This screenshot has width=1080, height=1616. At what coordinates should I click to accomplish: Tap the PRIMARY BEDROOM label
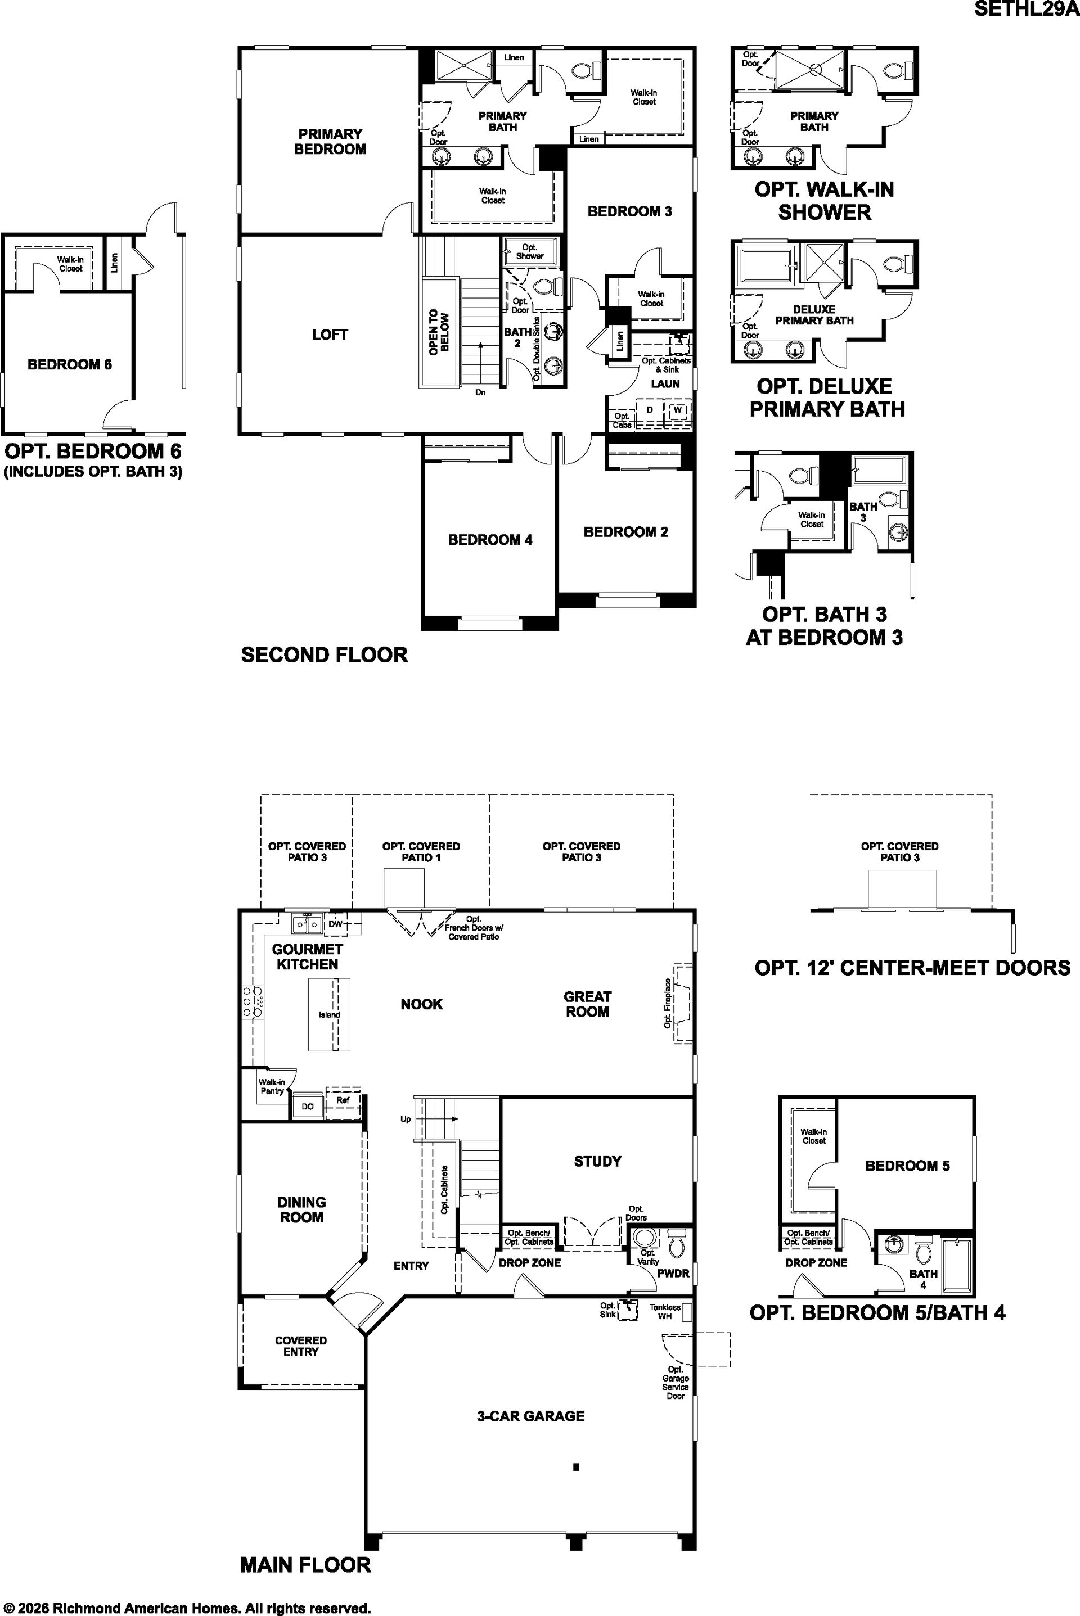point(330,141)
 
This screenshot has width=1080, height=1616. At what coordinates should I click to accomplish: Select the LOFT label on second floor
point(330,335)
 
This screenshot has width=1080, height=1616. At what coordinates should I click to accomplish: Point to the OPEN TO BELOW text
point(439,332)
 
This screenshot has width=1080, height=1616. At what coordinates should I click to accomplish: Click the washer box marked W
point(678,410)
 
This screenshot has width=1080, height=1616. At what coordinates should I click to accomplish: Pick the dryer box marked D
point(650,410)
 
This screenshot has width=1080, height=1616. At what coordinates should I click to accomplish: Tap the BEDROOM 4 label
point(490,540)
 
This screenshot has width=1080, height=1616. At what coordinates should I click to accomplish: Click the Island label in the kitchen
point(329,1014)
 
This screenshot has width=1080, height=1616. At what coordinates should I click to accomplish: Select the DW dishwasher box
point(335,924)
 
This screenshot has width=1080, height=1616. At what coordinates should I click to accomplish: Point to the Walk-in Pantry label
point(272,1086)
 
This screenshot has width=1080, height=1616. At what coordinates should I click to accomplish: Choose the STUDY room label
point(597,1162)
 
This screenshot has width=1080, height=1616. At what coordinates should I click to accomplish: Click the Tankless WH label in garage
point(665,1312)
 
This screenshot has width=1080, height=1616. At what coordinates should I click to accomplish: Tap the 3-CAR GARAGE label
point(530,1416)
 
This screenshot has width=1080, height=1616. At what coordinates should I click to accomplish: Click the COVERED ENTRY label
point(301,1346)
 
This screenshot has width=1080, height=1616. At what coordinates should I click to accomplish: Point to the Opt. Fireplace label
point(668,1004)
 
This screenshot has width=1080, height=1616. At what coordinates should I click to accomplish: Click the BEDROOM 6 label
point(70,364)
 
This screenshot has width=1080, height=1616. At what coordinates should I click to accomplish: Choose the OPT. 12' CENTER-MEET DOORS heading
point(912,967)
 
